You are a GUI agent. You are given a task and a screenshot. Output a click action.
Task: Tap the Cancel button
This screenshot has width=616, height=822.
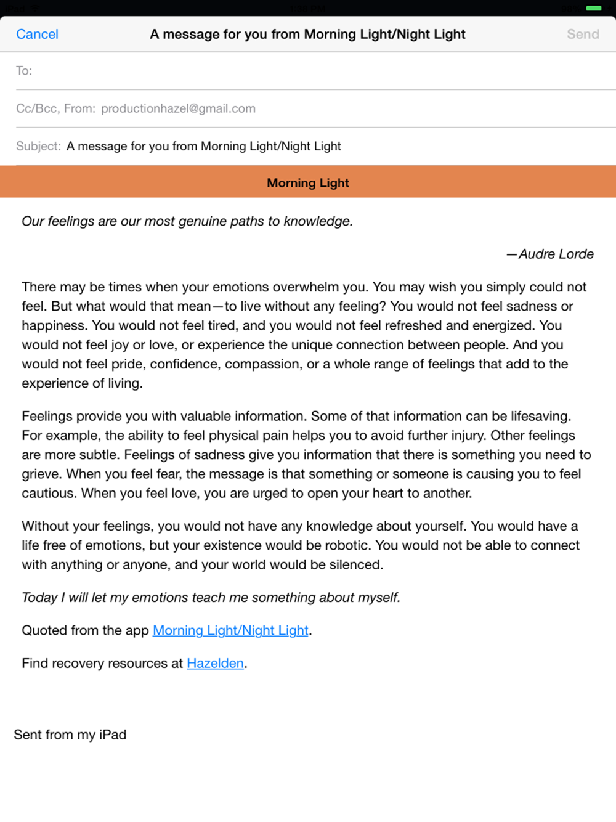pyautogui.click(x=37, y=35)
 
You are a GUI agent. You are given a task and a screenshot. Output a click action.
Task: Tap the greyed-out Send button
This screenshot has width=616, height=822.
pyautogui.click(x=583, y=35)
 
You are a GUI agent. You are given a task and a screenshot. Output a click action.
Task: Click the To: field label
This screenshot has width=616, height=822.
pyautogui.click(x=24, y=71)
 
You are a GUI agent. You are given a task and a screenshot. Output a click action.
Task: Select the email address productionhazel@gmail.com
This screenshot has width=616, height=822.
pyautogui.click(x=178, y=108)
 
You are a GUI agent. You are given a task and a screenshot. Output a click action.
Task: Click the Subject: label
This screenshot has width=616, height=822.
pyautogui.click(x=38, y=146)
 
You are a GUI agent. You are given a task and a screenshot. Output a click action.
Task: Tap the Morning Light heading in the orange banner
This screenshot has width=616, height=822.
pyautogui.click(x=308, y=183)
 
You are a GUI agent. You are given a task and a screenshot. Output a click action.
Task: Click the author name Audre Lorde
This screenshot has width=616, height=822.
pyautogui.click(x=556, y=254)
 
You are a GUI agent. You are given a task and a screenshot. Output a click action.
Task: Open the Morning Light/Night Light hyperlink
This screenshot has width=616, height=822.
pyautogui.click(x=230, y=630)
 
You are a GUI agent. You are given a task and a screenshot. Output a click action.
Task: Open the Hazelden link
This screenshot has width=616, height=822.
pyautogui.click(x=215, y=663)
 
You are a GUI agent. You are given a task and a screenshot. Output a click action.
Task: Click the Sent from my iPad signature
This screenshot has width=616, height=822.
pyautogui.click(x=70, y=735)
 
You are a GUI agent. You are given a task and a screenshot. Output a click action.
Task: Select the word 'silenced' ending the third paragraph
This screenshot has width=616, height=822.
pyautogui.click(x=356, y=564)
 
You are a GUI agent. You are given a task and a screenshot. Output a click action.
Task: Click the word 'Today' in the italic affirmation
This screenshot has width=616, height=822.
pyautogui.click(x=39, y=597)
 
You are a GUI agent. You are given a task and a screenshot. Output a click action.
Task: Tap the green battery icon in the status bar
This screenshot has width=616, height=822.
pyautogui.click(x=593, y=9)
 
